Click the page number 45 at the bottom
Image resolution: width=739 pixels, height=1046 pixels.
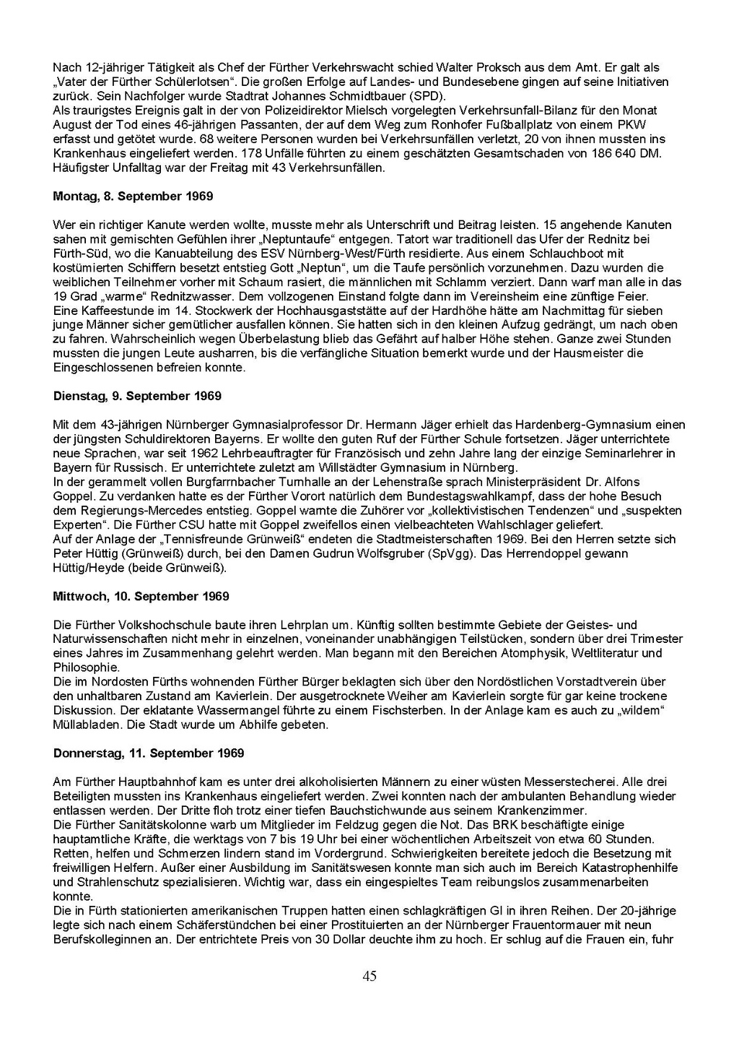[x=369, y=977]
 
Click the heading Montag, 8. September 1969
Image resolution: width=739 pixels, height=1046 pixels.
[x=133, y=196]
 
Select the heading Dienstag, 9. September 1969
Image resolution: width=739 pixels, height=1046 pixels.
[x=137, y=396]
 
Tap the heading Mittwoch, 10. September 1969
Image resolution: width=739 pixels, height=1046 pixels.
[x=141, y=596]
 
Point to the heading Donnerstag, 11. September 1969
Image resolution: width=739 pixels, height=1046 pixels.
[x=149, y=753]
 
